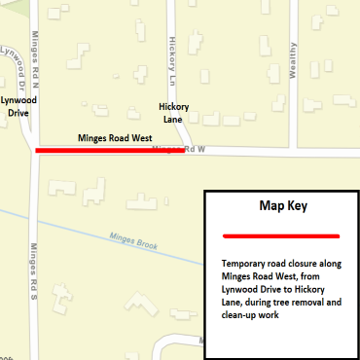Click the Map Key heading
tap(281, 206)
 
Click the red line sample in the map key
tap(281, 235)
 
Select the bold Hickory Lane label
tap(172, 113)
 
